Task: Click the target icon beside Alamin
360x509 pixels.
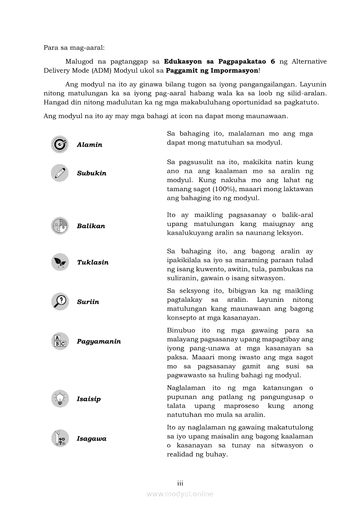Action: [x=59, y=145]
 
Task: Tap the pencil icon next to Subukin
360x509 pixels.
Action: [x=59, y=173]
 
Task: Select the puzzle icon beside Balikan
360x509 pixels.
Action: [x=59, y=226]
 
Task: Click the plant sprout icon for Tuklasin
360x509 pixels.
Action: [x=59, y=262]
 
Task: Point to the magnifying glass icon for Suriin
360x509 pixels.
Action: [x=59, y=301]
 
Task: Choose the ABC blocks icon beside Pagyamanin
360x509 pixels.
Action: [x=59, y=341]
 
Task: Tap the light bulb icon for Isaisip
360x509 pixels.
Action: [x=59, y=399]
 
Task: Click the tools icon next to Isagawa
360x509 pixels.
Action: [x=59, y=438]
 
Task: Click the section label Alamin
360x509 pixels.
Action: [x=89, y=145]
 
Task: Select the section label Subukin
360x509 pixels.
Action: [x=92, y=173]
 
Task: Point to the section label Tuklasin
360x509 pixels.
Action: [x=93, y=263]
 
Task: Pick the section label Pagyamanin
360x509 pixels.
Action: [x=99, y=341]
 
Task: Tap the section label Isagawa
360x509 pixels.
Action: [x=92, y=439]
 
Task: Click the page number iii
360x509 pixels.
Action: [x=180, y=483]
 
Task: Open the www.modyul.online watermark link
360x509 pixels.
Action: [x=180, y=494]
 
